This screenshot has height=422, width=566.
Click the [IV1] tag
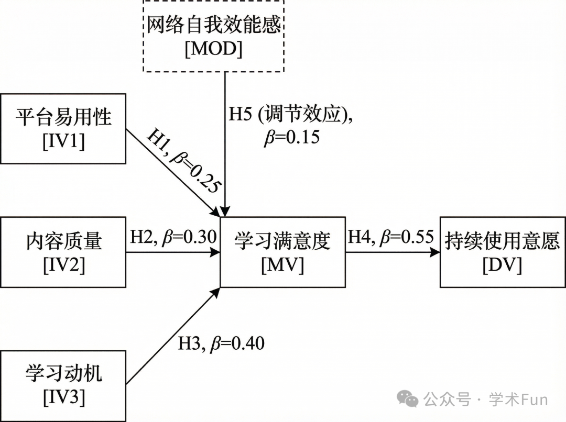(x=63, y=141)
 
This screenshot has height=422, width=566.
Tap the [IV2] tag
(x=63, y=265)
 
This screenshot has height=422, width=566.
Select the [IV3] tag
(x=63, y=398)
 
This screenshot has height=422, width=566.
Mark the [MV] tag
(x=282, y=265)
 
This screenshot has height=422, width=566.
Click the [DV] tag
(x=502, y=265)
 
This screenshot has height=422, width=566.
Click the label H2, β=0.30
(x=173, y=237)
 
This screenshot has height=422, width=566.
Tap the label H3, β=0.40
(x=221, y=344)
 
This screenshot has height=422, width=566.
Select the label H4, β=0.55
(x=391, y=237)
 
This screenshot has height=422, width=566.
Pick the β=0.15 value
(x=291, y=138)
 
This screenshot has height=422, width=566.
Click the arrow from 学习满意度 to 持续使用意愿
(x=392, y=252)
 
